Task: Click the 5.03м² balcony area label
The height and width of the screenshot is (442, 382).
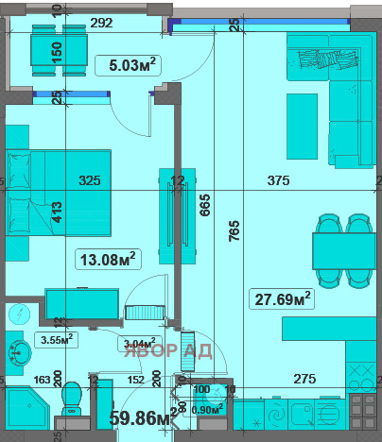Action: [127, 65]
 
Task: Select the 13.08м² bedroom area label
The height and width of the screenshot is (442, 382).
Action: [106, 257]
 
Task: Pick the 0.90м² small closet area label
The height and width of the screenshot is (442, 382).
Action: [207, 408]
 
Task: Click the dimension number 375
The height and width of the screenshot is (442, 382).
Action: [278, 180]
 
